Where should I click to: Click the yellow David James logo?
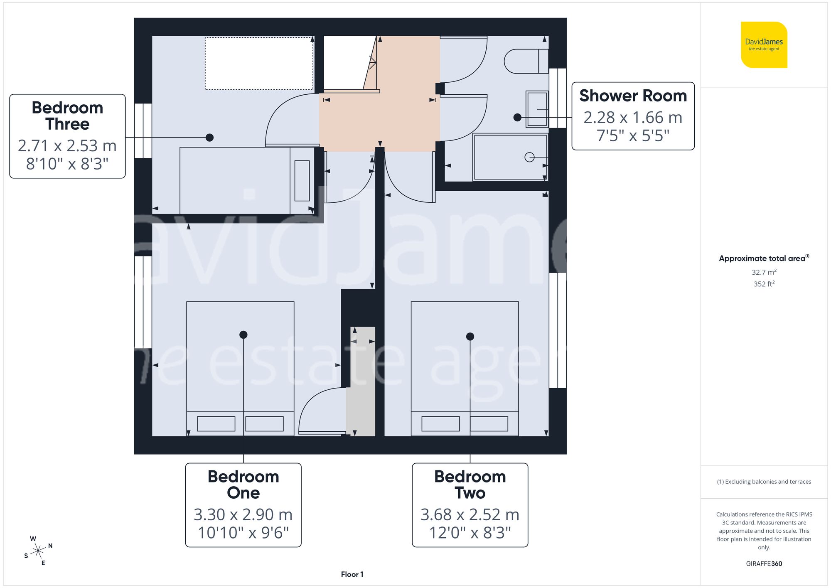pyautogui.click(x=764, y=45)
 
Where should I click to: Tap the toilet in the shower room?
pyautogui.click(x=524, y=62)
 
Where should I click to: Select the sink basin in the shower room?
pyautogui.click(x=537, y=109)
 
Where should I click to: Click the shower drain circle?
pyautogui.click(x=529, y=157)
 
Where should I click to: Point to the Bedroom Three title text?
pyautogui.click(x=67, y=116)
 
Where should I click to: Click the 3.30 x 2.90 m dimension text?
pyautogui.click(x=243, y=514)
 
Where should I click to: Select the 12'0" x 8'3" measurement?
pyautogui.click(x=470, y=532)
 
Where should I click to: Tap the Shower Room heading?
pyautogui.click(x=633, y=96)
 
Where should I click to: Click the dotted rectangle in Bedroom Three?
pyautogui.click(x=259, y=63)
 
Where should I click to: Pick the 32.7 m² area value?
pyautogui.click(x=764, y=272)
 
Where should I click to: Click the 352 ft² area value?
pyautogui.click(x=764, y=284)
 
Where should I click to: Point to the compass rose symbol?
pyautogui.click(x=38, y=551)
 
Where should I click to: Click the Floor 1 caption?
pyautogui.click(x=352, y=574)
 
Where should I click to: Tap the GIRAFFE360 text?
pyautogui.click(x=764, y=563)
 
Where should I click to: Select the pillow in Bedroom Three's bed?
pyautogui.click(x=302, y=180)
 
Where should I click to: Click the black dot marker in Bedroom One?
pyautogui.click(x=243, y=335)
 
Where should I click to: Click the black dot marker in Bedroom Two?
pyautogui.click(x=470, y=337)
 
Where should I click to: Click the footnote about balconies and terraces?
pyautogui.click(x=764, y=482)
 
